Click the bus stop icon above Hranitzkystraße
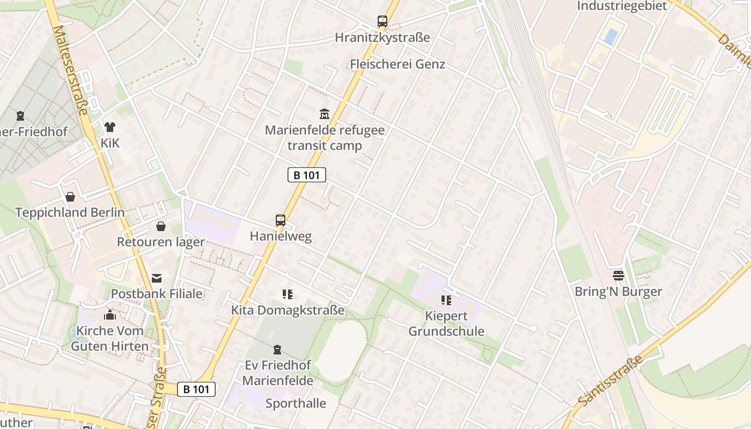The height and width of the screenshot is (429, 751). point(382,21)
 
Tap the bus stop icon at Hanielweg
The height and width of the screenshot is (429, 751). point(280,220)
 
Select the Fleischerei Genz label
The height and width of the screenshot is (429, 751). point(397,64)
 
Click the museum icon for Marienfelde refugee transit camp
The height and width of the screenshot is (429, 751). point(325,114)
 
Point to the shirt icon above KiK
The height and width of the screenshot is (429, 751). point(110,127)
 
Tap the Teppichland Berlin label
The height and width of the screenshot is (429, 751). point(70,212)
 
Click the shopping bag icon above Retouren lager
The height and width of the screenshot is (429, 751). point(161,226)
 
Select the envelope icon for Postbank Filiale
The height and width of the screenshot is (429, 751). point(157,278)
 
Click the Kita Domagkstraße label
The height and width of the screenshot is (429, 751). point(288,310)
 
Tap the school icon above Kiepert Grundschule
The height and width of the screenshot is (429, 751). point(446,300)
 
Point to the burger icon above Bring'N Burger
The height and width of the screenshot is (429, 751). point(618,276)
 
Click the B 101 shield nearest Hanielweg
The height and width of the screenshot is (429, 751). point(307,175)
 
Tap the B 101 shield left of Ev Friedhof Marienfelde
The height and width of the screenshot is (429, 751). point(196,389)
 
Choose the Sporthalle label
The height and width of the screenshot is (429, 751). point(296,403)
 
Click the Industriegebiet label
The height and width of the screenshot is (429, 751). point(622,6)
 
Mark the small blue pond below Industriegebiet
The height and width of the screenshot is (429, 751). point(610,36)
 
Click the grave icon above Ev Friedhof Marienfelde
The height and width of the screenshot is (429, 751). point(277,350)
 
